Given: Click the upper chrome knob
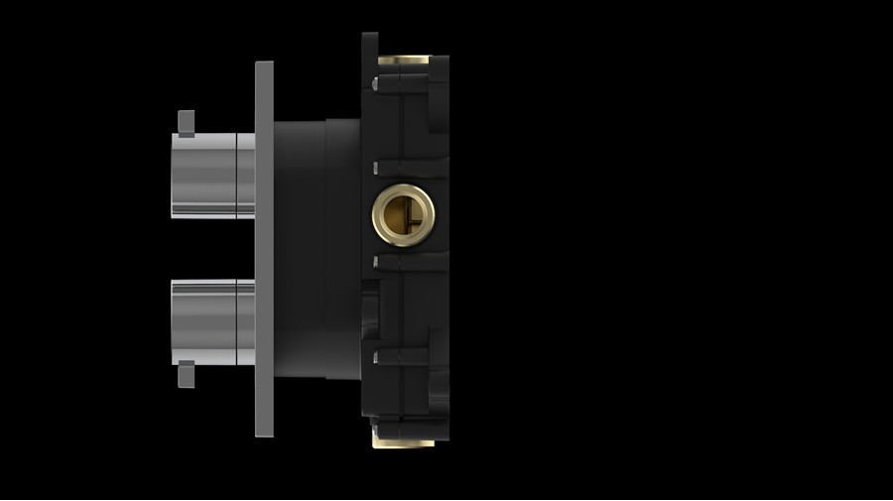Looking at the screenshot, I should [x=203, y=175].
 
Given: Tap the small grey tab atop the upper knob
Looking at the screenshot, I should [x=185, y=122].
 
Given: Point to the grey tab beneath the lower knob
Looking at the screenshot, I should [x=185, y=376].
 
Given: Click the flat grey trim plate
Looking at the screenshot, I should [x=264, y=248].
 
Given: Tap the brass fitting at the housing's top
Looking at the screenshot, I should [x=403, y=61].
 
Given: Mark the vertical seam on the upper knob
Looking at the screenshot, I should [x=235, y=175].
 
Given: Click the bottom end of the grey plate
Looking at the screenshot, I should [x=264, y=431].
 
